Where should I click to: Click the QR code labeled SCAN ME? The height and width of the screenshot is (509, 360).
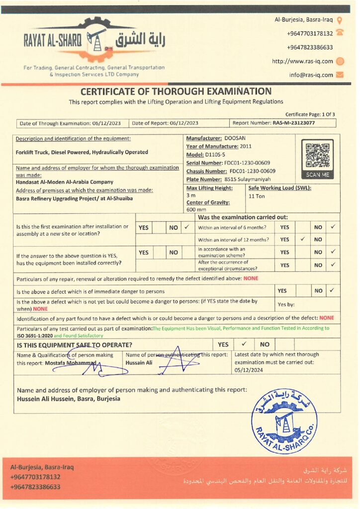click(x=317, y=156)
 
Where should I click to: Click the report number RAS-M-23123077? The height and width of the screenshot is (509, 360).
click(x=294, y=123)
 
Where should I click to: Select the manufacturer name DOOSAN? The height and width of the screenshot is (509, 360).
click(x=235, y=138)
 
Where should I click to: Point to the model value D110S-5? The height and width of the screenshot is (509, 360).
click(x=215, y=155)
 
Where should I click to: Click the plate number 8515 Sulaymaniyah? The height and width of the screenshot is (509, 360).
click(x=248, y=179)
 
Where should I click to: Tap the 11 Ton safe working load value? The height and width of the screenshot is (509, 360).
click(x=257, y=196)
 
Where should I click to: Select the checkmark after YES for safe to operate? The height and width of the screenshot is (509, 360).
click(x=244, y=344)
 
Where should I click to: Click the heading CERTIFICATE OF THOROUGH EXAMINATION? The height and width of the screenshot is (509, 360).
click(x=176, y=91)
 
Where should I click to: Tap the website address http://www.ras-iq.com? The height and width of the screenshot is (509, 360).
click(x=302, y=61)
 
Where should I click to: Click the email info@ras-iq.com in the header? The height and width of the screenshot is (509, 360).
click(x=311, y=75)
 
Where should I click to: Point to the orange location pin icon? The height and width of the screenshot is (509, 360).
click(x=340, y=20)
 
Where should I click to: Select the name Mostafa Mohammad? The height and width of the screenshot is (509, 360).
click(x=72, y=363)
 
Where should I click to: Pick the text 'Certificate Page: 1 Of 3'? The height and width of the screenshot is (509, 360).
click(x=310, y=114)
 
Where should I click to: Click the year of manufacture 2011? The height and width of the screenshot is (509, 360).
click(x=247, y=146)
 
